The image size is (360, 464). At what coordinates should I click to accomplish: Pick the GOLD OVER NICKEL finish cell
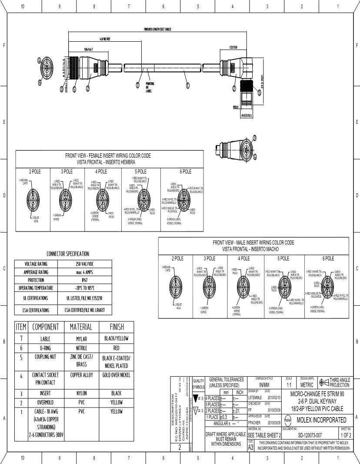coord(117,375)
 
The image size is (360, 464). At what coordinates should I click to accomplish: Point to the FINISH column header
coord(117,327)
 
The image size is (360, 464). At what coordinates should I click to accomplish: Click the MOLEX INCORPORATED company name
coord(321,420)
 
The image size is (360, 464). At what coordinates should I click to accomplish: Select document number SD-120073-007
coord(310,435)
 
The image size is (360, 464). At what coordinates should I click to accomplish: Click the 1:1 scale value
coord(289,385)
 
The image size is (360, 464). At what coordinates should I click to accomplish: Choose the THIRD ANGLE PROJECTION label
coord(339,382)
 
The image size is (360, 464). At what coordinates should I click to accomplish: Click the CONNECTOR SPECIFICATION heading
coord(68,254)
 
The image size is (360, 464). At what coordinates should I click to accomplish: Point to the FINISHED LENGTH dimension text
coord(157,29)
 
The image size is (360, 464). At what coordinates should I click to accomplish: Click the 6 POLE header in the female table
coord(186,172)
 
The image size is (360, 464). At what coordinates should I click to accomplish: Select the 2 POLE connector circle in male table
coord(177,287)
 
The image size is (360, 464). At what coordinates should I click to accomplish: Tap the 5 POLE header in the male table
coord(283,259)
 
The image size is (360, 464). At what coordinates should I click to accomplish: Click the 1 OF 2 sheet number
coord(346,435)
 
